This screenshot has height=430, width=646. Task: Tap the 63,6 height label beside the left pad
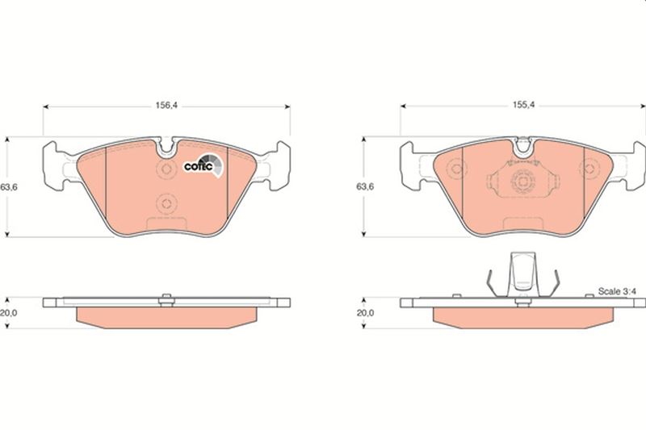10,186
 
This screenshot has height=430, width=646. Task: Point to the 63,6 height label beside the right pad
366,186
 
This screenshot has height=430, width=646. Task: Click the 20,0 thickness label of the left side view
10,313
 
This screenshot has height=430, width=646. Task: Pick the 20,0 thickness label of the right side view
366,313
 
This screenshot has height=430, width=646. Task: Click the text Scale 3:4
616,291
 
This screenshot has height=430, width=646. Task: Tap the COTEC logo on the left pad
202,165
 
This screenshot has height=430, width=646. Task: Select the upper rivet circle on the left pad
166,169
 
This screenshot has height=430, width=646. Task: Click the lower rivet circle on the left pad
166,204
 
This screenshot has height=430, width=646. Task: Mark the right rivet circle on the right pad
586,169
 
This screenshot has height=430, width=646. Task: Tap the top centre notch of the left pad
167,147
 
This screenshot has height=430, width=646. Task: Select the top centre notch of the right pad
523,147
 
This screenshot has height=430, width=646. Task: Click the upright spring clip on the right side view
522,277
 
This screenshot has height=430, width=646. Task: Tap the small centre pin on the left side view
166,299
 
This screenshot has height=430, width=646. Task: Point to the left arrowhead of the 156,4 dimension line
46,106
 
